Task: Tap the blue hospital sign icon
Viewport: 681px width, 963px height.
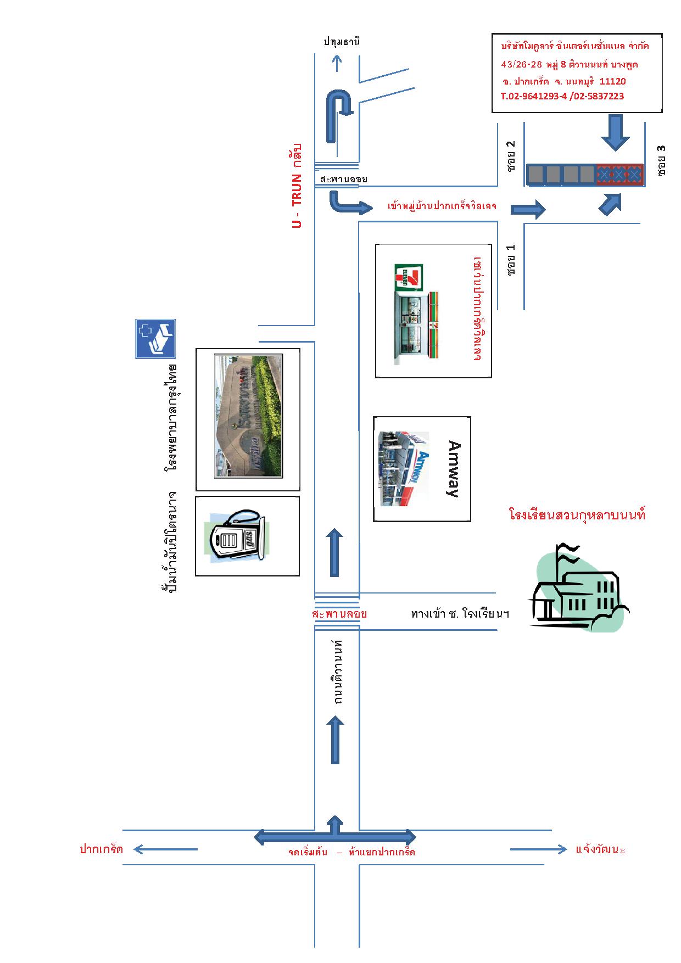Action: click(x=155, y=339)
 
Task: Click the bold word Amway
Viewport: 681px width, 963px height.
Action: click(x=454, y=469)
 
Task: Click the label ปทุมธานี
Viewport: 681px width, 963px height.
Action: click(x=342, y=42)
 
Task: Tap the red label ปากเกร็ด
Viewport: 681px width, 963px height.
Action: click(x=101, y=849)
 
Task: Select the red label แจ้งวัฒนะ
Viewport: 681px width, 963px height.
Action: click(x=600, y=849)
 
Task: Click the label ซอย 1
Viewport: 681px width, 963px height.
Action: click(x=512, y=260)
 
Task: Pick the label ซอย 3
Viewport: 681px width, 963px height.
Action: click(x=661, y=160)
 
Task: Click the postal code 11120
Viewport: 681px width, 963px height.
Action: click(x=612, y=81)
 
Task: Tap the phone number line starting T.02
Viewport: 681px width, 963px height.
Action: click(x=562, y=96)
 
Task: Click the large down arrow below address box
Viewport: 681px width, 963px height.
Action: click(x=615, y=132)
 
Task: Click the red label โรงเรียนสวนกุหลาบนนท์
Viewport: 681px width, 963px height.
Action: click(x=577, y=516)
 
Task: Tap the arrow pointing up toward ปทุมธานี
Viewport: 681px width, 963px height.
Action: click(x=338, y=64)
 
